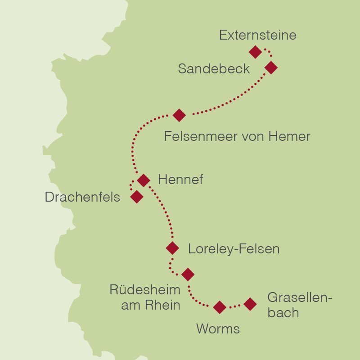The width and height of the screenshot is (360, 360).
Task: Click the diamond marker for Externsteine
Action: [255, 52]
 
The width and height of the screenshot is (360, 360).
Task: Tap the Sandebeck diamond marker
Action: [271, 67]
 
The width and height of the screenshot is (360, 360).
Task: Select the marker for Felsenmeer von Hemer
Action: [179, 115]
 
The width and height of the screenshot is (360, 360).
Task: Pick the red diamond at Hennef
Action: [143, 180]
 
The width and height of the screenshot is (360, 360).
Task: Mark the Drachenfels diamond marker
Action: [136, 197]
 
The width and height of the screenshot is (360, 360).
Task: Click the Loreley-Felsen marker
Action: [172, 248]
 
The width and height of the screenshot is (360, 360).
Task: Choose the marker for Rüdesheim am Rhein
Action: [188, 274]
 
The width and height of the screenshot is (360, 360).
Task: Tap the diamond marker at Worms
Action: [219, 307]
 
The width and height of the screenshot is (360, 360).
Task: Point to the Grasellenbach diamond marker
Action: [250, 304]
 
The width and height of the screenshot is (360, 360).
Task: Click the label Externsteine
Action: [257, 35]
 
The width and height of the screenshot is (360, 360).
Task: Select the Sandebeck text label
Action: [214, 69]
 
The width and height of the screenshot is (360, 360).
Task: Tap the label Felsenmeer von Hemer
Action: [237, 136]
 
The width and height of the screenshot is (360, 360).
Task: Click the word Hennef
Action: [180, 180]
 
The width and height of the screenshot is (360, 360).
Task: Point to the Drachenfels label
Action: [82, 197]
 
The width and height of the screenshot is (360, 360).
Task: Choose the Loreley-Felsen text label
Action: [234, 249]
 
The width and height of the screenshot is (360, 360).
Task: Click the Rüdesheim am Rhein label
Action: [145, 297]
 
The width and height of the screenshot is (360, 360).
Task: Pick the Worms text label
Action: [218, 329]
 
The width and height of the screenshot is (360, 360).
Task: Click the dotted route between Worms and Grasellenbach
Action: [234, 306]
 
